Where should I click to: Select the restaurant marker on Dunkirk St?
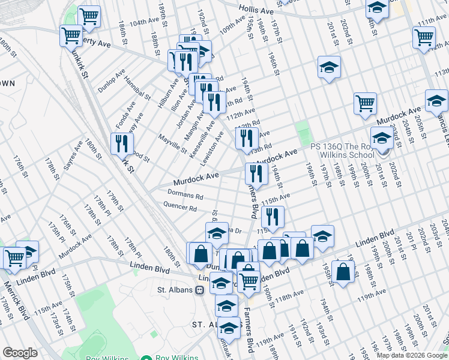pos(122,144)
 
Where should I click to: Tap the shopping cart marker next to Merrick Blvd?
pos(14,258)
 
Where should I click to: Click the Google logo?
pos(20,353)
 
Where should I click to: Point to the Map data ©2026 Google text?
pos(412,355)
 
